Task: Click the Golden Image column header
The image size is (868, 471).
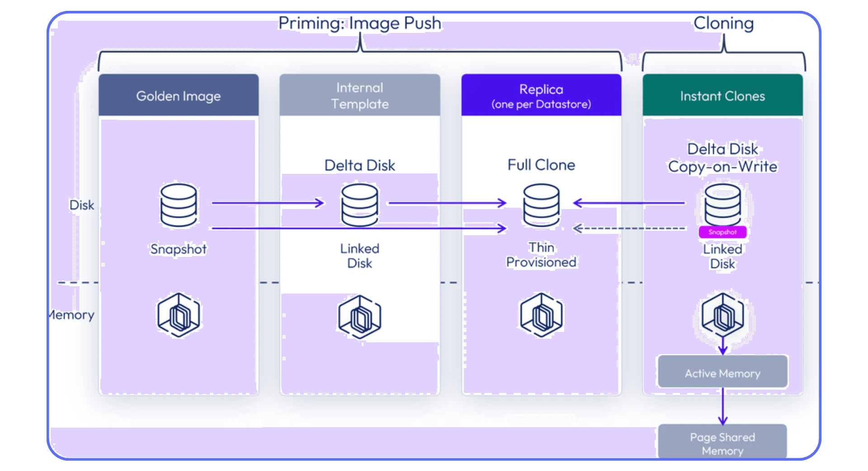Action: click(179, 96)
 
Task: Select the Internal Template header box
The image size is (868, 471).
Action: click(359, 96)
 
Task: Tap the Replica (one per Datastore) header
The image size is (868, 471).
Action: click(541, 96)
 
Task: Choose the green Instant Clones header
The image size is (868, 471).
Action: click(722, 96)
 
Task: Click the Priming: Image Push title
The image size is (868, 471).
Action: click(359, 23)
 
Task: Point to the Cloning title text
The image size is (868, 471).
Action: click(723, 23)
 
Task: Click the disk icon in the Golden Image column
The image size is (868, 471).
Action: click(179, 205)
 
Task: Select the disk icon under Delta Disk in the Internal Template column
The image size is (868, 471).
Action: click(359, 205)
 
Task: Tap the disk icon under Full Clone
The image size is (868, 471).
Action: click(541, 205)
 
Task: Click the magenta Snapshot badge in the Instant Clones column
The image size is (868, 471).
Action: click(722, 232)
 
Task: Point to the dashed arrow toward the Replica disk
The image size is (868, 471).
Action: click(629, 229)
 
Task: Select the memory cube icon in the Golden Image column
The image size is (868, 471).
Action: click(179, 315)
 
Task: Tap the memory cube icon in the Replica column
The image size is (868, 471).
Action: click(541, 315)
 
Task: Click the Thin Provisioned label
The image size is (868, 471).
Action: click(541, 255)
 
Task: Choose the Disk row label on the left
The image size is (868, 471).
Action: click(81, 205)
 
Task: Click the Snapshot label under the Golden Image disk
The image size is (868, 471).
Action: click(179, 249)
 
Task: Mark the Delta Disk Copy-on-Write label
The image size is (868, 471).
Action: click(722, 158)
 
